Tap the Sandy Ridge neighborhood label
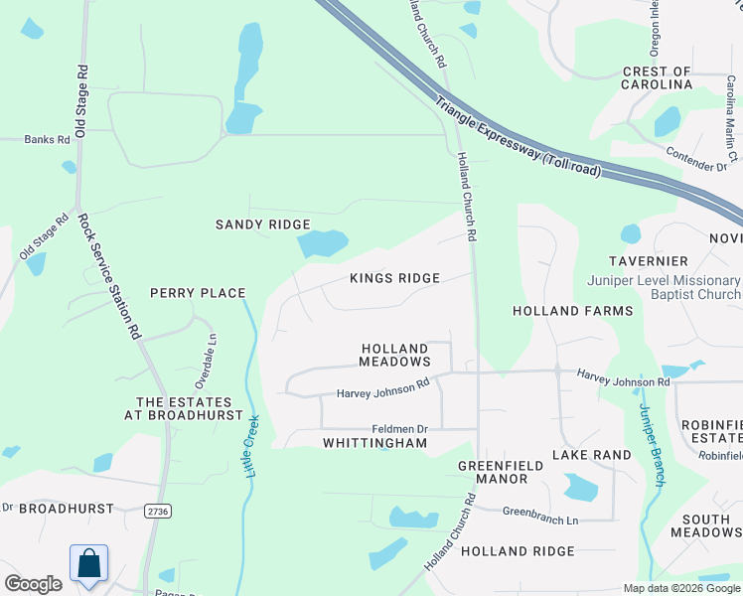[263, 225]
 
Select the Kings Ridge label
[394, 278]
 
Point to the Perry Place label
[198, 293]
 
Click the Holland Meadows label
[394, 355]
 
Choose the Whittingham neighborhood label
[374, 442]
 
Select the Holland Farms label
[572, 311]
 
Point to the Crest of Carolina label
[657, 78]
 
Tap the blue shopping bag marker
[89, 562]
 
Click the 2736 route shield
[157, 511]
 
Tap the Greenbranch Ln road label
[539, 520]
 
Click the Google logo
[33, 584]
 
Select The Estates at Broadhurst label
[190, 407]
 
